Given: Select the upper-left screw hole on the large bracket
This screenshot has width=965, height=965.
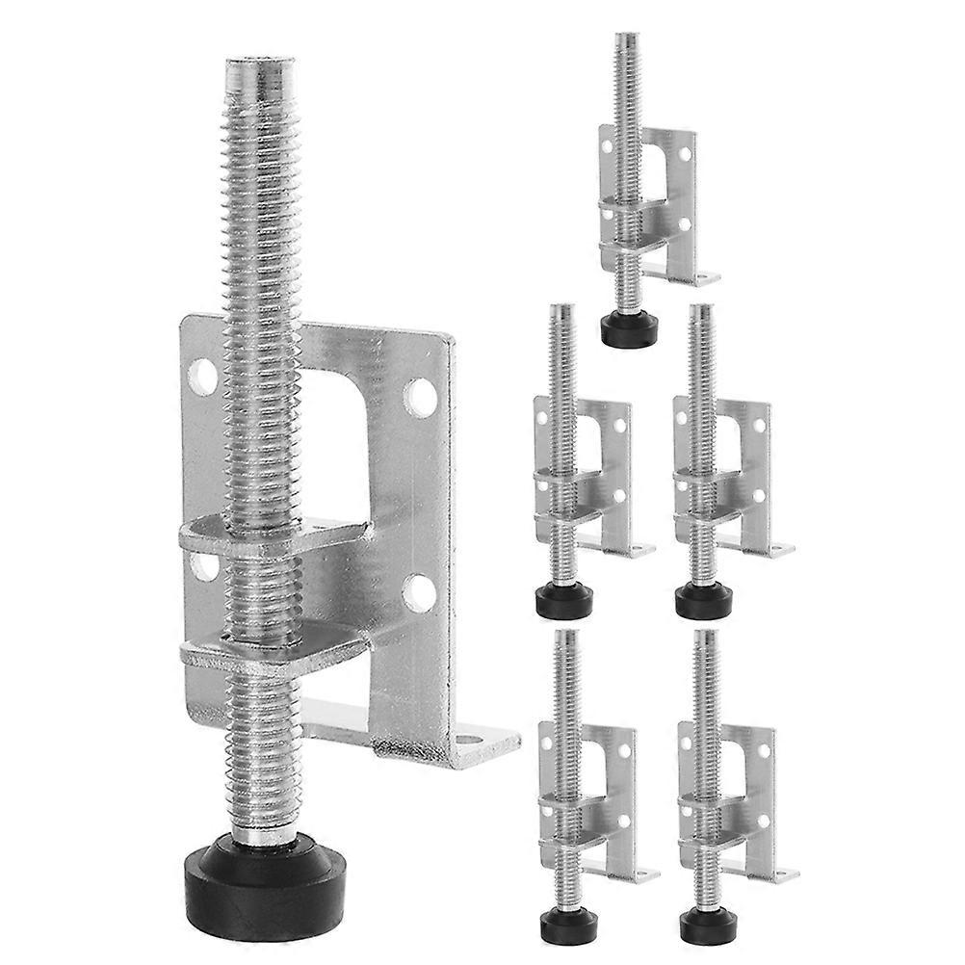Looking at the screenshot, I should click(x=204, y=375).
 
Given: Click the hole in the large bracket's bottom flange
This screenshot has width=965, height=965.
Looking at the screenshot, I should click(x=472, y=744).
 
